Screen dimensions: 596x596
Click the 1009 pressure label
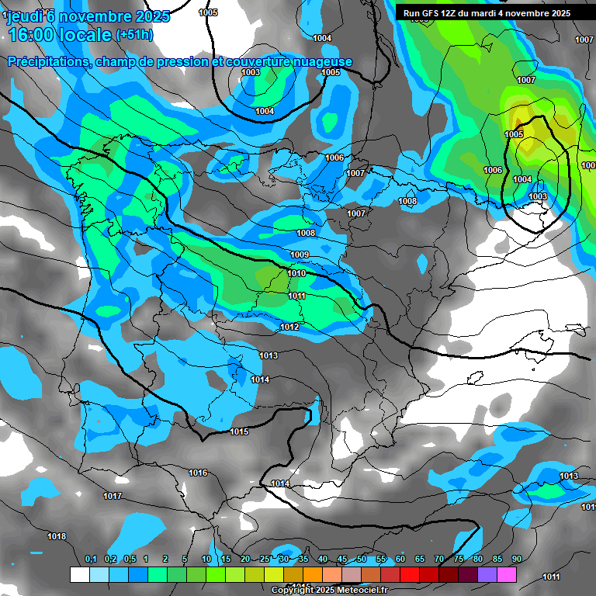[x=300, y=255]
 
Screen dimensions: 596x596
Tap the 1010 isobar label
[x=296, y=274]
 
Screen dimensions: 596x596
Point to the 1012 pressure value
[x=289, y=327]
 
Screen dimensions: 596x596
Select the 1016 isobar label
[x=198, y=473]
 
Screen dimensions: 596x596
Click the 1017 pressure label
[x=113, y=496]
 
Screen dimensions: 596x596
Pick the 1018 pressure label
[x=57, y=536]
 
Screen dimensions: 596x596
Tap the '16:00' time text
[x=33, y=35]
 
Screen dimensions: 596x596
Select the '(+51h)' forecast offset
[x=133, y=35]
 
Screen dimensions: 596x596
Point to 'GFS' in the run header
[x=439, y=13]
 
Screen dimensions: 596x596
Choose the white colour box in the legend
[x=79, y=575]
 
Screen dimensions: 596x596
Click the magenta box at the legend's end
[x=507, y=575]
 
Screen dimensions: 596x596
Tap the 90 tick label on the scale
[x=516, y=560]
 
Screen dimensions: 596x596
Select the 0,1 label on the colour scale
[x=91, y=560]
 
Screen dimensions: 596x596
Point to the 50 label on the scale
[x=362, y=560]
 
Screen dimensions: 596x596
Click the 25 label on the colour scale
[x=265, y=560]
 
